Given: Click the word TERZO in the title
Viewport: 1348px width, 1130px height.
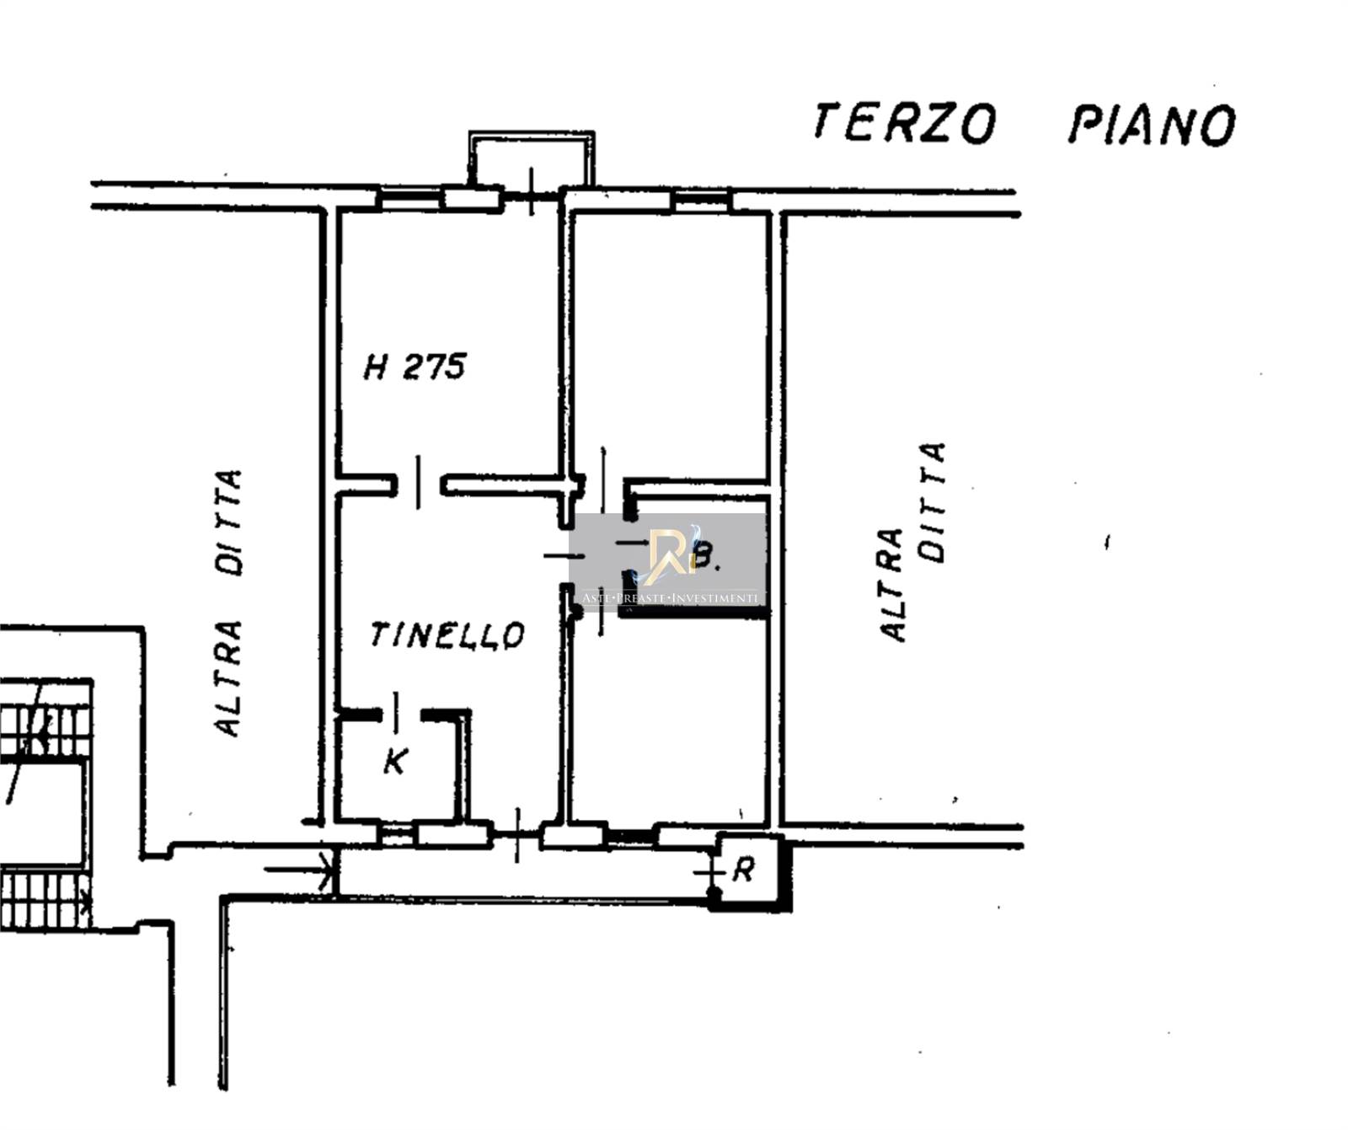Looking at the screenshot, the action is (905, 123).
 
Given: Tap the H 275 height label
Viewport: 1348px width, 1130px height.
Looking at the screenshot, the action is (415, 367).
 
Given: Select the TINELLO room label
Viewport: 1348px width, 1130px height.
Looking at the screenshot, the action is (447, 635).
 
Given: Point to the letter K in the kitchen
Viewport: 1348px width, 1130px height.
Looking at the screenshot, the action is (395, 761).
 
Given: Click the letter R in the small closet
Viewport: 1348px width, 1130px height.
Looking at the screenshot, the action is (742, 870).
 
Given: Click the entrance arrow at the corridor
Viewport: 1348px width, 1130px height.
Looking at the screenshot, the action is (300, 868).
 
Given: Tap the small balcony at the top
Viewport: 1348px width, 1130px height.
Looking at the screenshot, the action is (532, 158).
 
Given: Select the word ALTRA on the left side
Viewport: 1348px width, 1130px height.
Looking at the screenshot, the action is (228, 678).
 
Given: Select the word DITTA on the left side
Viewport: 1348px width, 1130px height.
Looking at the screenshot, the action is (228, 522).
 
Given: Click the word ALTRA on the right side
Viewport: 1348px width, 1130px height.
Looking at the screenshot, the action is (891, 585).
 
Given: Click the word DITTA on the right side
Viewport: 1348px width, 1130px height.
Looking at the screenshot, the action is (933, 501).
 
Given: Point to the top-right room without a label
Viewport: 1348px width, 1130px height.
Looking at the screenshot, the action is (671, 345).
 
